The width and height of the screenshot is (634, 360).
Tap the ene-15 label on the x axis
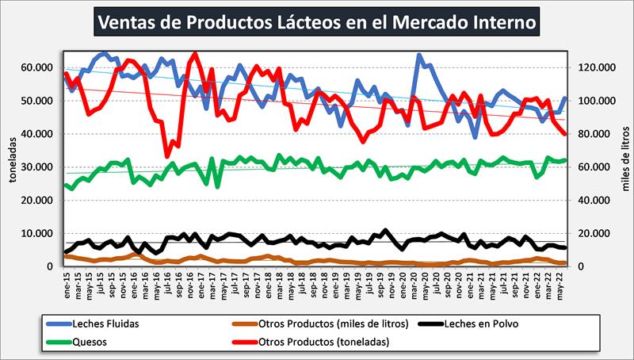click(x=68, y=283)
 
